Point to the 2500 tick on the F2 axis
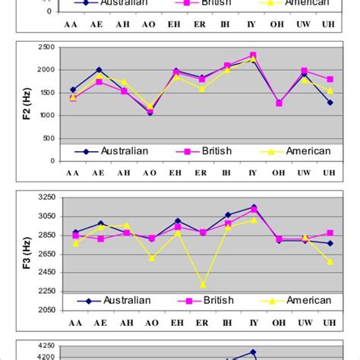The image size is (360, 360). (x=46, y=48)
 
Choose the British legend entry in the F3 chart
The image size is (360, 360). (x=211, y=300)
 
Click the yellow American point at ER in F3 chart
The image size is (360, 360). (x=203, y=285)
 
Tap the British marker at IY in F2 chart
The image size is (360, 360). (x=253, y=55)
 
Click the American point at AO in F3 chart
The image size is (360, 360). (x=152, y=258)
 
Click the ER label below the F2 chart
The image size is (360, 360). (x=203, y=173)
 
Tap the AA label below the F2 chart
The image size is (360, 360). (x=74, y=173)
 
